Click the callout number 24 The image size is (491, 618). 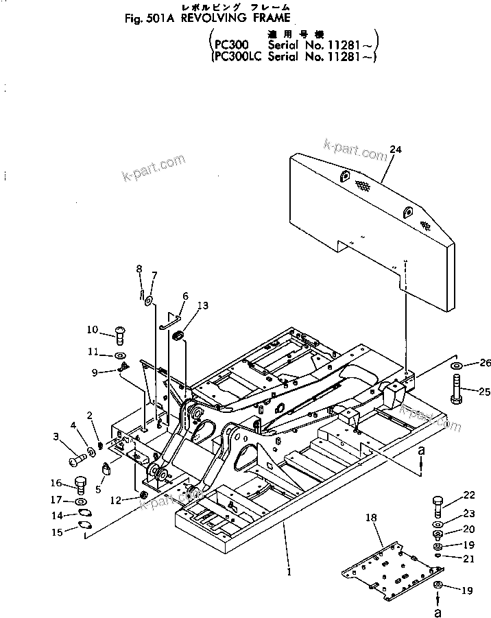(x=394, y=149)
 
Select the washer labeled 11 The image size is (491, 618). (x=120, y=355)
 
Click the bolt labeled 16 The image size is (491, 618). (x=80, y=485)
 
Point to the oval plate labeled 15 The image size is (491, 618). (x=86, y=526)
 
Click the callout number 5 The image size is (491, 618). (x=99, y=490)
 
